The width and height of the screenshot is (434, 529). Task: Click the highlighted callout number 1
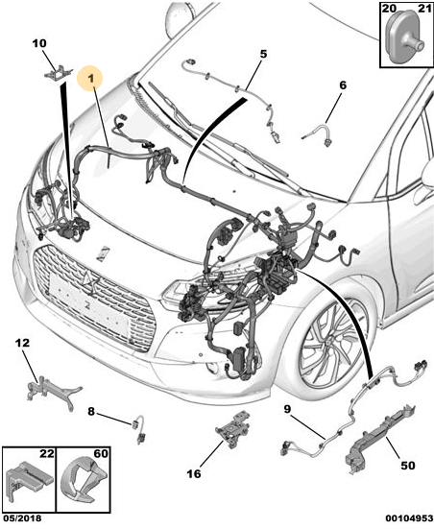point(91,79)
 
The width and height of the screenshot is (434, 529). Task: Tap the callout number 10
point(39,43)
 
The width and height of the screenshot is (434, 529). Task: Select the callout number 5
point(263,54)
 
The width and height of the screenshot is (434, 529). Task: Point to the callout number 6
point(343,85)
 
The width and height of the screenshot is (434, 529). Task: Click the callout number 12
point(22,343)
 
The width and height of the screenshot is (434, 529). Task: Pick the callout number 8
point(91,412)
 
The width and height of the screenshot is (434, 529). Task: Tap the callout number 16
point(194,473)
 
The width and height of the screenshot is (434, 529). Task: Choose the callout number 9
point(287,409)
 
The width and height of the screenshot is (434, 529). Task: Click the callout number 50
point(408,466)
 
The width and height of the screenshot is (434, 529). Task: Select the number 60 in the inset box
point(101,453)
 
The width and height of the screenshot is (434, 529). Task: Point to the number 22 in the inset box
point(47,453)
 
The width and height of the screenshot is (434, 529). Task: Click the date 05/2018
point(21,518)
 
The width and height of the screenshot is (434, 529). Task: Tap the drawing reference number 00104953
point(409,518)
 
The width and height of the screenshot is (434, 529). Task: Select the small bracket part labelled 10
point(58,72)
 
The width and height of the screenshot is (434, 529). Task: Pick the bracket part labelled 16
point(234,428)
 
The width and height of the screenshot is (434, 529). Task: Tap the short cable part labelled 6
point(319,134)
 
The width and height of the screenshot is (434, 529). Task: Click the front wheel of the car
point(333,344)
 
